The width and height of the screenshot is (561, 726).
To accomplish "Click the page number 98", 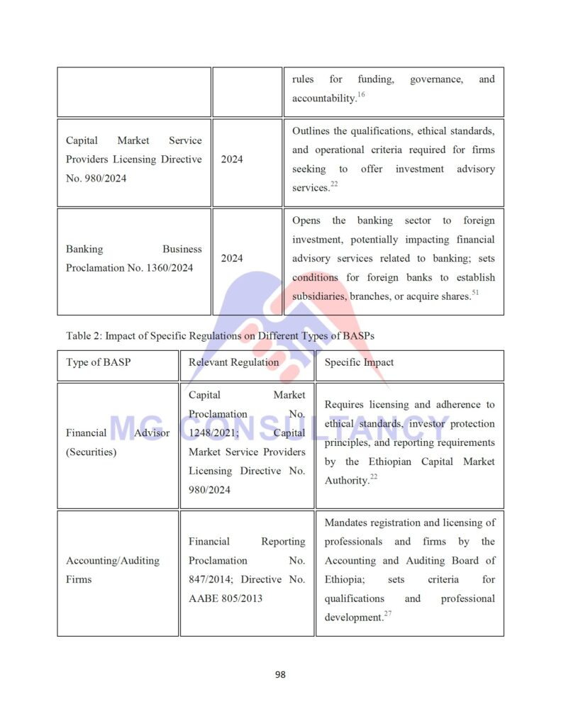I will coord(280,674).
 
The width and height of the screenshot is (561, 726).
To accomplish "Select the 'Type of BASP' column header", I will coord(99,362).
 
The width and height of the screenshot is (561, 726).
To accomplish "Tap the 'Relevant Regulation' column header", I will coord(233,362).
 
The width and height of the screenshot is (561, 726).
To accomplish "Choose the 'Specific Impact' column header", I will coord(359,362).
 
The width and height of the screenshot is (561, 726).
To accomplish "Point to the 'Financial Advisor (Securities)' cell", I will coord(118,442).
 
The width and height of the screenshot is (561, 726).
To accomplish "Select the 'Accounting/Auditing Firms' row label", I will coord(112,570).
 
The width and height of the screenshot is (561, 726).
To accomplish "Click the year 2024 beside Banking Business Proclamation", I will coord(232,259).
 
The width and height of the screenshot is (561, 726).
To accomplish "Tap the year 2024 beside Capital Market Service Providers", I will coord(232,160).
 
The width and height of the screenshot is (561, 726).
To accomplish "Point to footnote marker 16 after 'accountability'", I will coord(361,94).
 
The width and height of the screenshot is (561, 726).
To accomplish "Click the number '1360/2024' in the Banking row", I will coord(171,268).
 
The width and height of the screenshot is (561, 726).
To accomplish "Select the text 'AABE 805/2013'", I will coord(226,598).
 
